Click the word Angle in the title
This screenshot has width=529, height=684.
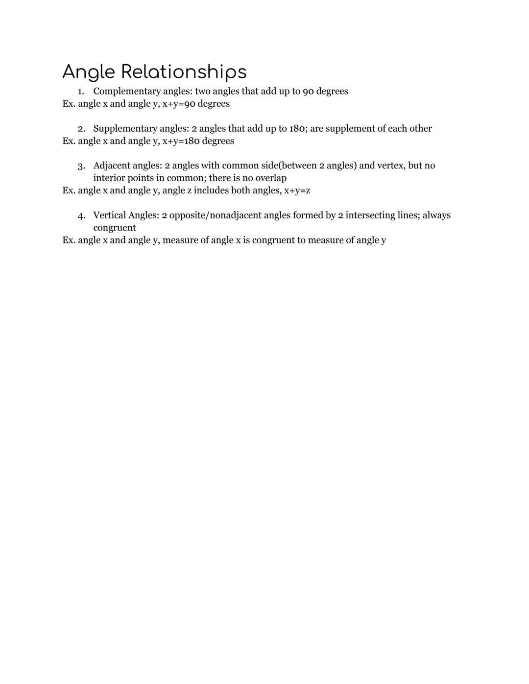[x=89, y=72]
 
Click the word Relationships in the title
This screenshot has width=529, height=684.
[x=184, y=72]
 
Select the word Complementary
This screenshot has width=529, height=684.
[x=125, y=92]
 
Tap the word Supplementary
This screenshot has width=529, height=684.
[x=125, y=129]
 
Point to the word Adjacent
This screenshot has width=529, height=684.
[x=111, y=165]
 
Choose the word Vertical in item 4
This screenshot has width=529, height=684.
[x=109, y=215]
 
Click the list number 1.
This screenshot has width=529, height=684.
[x=81, y=92]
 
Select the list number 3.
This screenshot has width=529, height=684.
[x=81, y=166]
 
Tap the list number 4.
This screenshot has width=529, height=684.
[x=81, y=216]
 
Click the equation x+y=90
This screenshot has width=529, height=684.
[x=179, y=104]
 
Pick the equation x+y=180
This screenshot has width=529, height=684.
[x=181, y=141]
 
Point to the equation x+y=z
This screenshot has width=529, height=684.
[x=297, y=190]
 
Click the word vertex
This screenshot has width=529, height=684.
[x=389, y=165]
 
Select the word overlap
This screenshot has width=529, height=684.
[x=271, y=178]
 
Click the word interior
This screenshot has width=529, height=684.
[x=109, y=178]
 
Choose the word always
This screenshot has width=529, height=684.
[x=436, y=215]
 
